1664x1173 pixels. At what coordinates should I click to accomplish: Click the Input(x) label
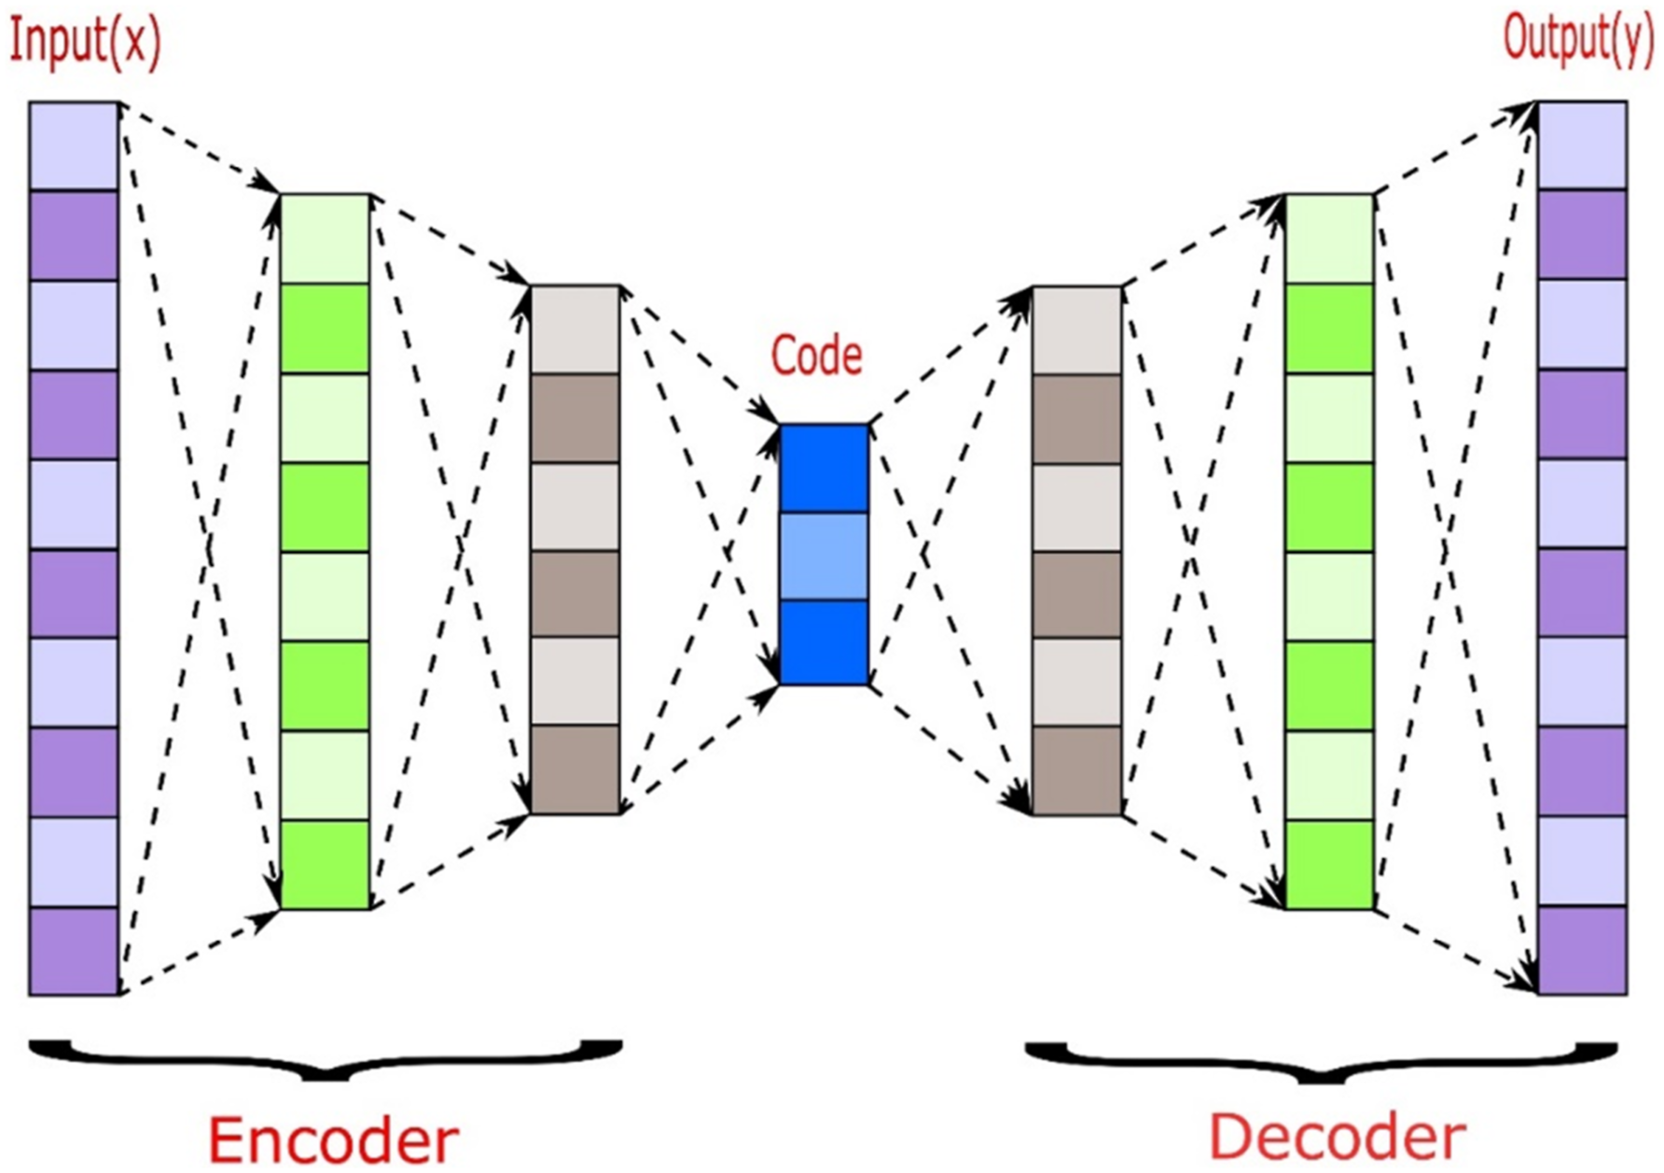[85, 43]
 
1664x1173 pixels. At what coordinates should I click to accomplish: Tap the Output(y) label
[1578, 39]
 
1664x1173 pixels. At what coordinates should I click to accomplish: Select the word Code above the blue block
[817, 355]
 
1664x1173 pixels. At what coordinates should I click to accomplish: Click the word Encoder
[333, 1139]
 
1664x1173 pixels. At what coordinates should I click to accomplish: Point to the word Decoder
[1338, 1138]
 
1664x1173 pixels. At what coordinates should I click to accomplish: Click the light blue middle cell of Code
[824, 556]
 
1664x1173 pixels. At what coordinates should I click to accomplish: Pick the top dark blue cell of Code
[824, 469]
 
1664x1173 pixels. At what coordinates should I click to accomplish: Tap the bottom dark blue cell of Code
[824, 642]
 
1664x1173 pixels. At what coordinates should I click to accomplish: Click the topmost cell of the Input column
[74, 146]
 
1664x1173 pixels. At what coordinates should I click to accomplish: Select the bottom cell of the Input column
[74, 951]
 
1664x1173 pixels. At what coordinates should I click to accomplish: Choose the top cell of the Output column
[1582, 145]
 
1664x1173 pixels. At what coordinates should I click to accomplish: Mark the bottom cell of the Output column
[1582, 950]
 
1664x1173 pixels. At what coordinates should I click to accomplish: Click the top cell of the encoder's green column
[326, 239]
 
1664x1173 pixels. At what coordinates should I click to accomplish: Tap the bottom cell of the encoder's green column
[326, 865]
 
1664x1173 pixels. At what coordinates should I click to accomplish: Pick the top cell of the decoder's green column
[1330, 239]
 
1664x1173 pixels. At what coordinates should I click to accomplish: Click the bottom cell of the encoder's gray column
[575, 769]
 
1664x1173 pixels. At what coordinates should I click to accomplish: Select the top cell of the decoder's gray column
[1077, 331]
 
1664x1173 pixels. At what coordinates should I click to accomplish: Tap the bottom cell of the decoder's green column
[1330, 865]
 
